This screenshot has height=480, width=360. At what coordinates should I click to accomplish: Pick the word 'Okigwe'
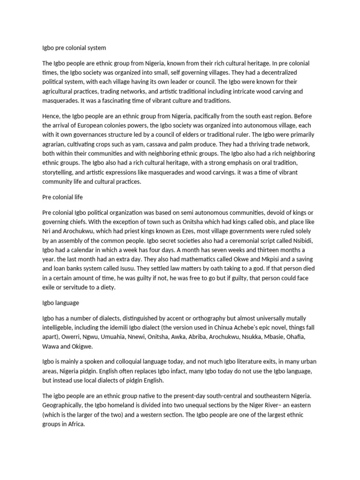click(84, 346)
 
